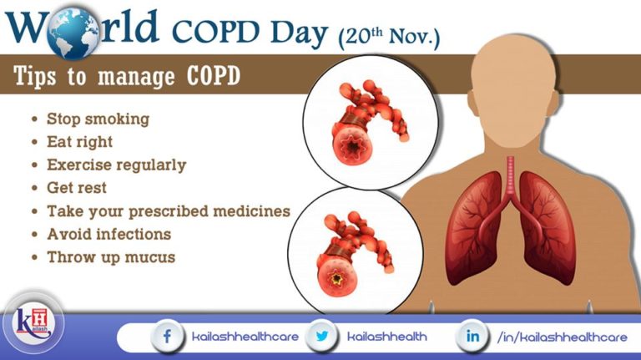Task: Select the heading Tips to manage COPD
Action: (127, 78)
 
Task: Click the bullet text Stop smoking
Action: (98, 119)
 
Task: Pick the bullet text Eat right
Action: (79, 142)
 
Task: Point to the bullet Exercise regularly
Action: (116, 165)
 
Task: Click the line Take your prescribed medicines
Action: (168, 210)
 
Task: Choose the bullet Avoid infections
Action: (109, 234)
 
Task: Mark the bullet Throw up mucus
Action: (111, 256)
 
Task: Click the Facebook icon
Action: (167, 336)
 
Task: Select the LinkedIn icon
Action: (472, 336)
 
